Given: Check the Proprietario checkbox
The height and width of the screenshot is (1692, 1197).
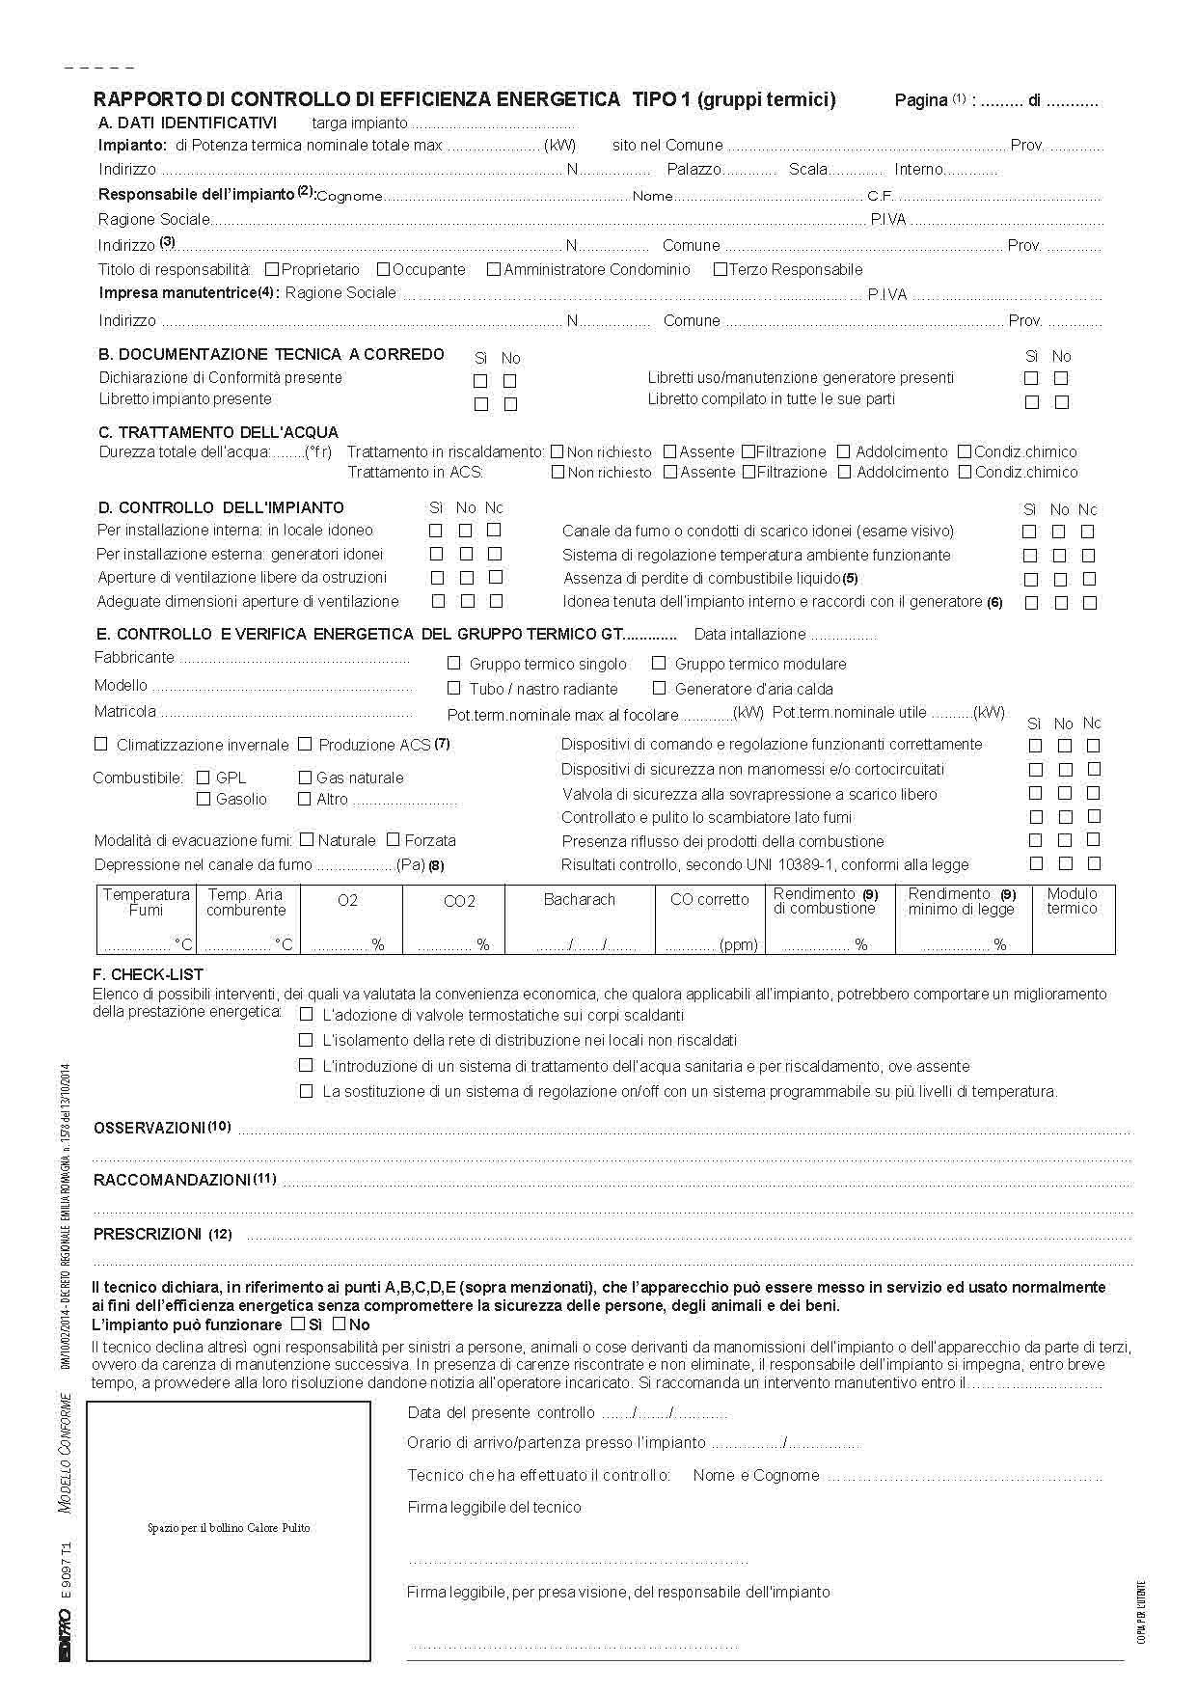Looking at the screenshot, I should point(272,270).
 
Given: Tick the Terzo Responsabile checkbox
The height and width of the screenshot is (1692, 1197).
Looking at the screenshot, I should point(720,270).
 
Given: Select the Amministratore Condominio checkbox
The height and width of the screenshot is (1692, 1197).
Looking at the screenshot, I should point(494,270).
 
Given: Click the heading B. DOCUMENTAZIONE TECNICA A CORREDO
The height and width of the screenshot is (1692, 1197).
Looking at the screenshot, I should point(271,354).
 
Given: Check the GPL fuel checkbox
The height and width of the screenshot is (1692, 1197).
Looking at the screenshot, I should point(204,778).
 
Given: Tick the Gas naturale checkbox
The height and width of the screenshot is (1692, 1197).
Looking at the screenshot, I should point(305,778).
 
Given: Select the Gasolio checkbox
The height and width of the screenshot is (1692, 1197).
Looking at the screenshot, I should point(204,799).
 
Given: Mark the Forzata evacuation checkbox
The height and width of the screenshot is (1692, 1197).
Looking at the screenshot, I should point(394,840).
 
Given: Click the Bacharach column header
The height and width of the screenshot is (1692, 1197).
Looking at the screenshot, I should point(579,899).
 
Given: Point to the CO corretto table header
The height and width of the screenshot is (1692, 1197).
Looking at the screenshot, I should point(709,899).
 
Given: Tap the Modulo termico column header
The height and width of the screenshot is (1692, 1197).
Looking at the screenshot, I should point(1072,901).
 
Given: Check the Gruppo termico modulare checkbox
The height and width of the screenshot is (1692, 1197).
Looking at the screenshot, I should point(660,664).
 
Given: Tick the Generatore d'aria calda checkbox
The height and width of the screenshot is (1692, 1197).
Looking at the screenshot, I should point(660,689).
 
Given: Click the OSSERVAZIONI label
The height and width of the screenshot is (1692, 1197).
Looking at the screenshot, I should point(150,1128).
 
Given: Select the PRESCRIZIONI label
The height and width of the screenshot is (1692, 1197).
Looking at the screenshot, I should point(148,1234).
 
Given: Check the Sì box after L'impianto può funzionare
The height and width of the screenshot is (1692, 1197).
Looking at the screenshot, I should point(298,1324).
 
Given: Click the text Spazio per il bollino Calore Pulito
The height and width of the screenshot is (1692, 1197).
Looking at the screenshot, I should point(229,1528).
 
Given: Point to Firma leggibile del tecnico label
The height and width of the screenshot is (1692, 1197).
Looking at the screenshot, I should point(494,1507).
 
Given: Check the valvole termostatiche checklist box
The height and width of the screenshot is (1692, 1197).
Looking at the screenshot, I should point(307,1015).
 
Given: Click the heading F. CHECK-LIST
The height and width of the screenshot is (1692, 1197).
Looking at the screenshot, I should point(148,975).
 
